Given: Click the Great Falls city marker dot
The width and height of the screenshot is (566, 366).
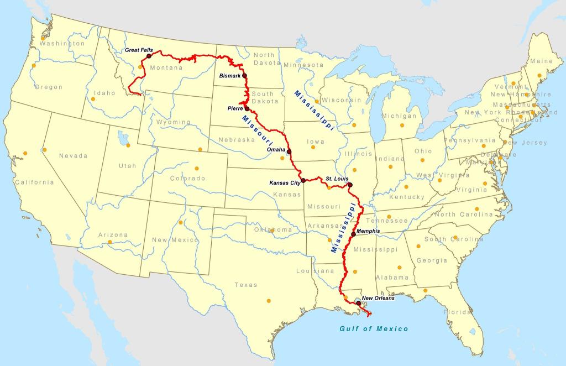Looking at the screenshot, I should tap(149, 56).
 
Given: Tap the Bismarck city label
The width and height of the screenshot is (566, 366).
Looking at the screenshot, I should tap(230, 75).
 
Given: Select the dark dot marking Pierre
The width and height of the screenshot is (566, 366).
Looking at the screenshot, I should tap(247, 108).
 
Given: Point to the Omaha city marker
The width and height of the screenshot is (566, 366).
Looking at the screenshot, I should tap(289, 151).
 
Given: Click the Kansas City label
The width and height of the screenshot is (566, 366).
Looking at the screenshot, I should tap(284, 182).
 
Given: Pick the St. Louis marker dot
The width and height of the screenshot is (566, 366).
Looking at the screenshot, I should tap(350, 185).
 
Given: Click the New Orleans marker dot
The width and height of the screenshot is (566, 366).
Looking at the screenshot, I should tap(359, 304).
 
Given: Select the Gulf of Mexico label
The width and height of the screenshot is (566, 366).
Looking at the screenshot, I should tap(374, 329).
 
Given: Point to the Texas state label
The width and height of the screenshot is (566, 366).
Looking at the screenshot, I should tap(246, 285).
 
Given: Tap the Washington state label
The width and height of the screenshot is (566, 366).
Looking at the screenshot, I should tap(62, 44).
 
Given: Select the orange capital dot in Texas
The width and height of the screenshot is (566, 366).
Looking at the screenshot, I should tap(269, 301).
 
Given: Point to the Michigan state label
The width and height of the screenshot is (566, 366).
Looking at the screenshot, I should tap(399, 116).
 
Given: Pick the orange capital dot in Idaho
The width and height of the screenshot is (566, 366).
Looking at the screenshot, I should tap(93, 100).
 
